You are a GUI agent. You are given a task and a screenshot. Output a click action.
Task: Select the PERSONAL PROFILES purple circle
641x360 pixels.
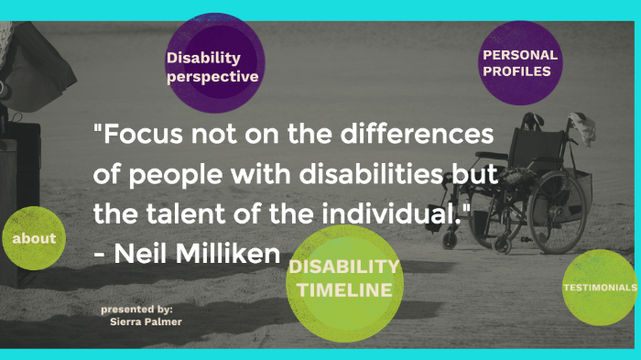(x=520, y=62)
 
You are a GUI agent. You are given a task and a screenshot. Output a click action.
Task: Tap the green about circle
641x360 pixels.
(x=34, y=238)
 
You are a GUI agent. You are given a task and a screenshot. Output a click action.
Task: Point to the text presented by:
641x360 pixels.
(x=136, y=310)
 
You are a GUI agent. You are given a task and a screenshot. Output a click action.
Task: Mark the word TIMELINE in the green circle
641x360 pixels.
(x=345, y=290)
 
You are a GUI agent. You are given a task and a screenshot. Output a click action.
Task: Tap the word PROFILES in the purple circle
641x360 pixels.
(x=518, y=71)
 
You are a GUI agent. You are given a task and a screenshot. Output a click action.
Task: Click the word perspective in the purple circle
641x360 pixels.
(x=212, y=77)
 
